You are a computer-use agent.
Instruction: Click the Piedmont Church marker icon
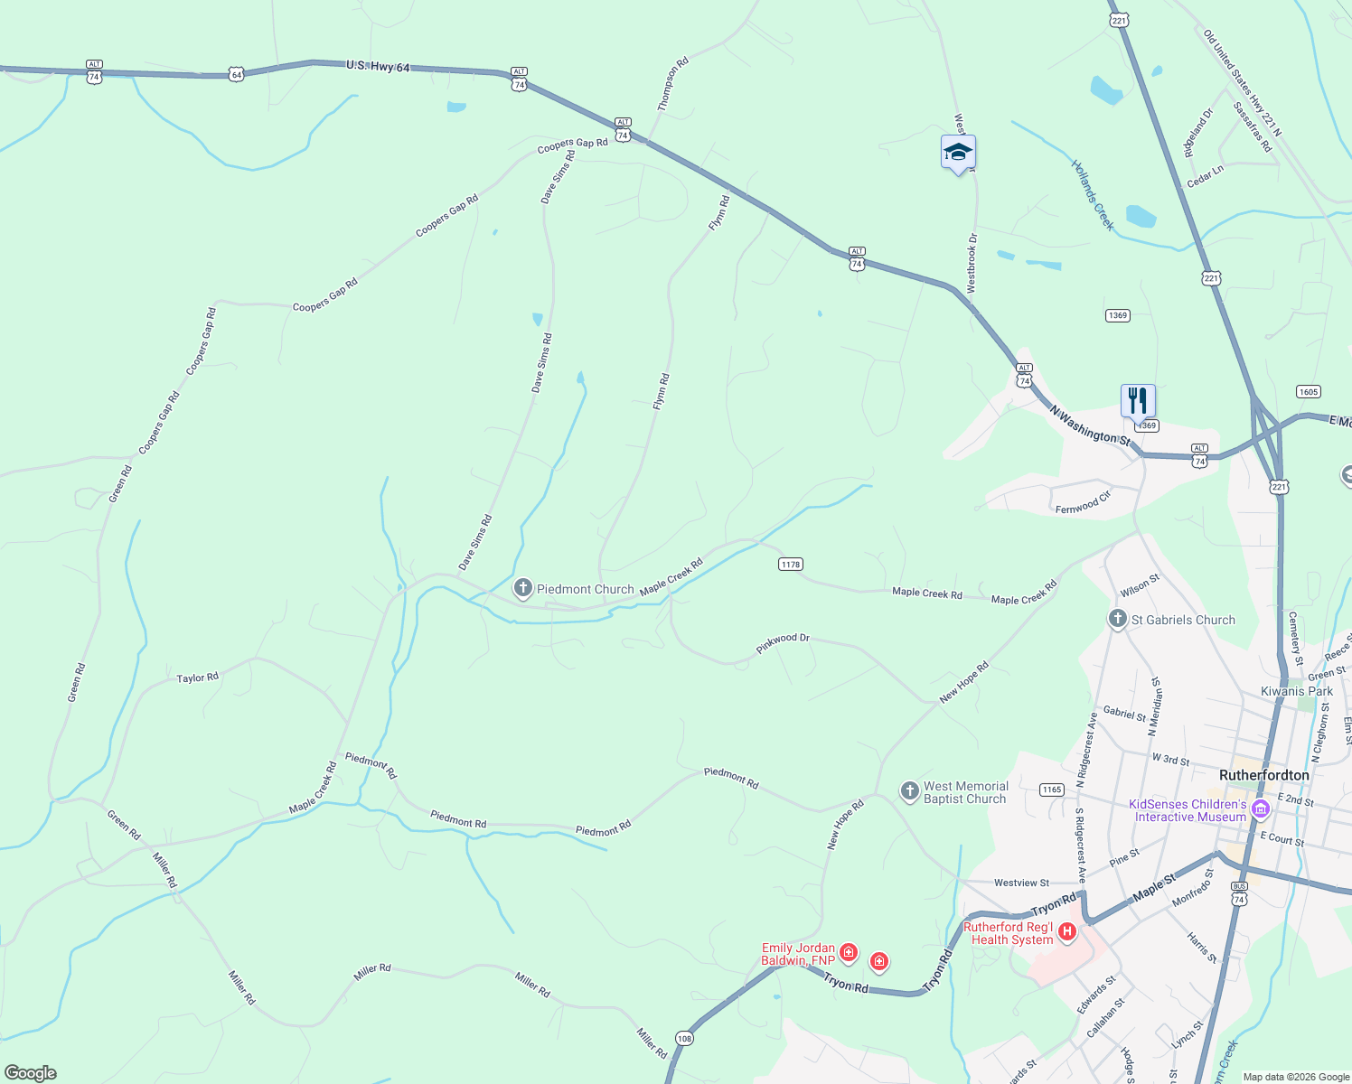522,589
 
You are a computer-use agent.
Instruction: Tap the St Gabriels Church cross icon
1118,620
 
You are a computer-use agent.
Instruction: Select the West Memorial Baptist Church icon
909,792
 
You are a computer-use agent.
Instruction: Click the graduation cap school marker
958,153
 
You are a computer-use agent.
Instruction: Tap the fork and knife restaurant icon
1138,399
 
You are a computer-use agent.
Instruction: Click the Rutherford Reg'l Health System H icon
1067,931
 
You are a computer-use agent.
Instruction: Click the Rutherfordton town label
1263,775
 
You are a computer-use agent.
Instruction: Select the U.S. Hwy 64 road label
378,66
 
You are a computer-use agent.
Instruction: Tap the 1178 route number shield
790,565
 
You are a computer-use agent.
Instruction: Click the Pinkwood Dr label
783,643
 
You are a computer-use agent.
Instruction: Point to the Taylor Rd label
197,677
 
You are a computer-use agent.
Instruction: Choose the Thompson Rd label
672,84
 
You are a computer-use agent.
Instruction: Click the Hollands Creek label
1093,195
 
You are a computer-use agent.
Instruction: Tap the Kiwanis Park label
1296,691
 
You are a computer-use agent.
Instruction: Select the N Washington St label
1090,425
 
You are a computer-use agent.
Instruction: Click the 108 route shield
684,1039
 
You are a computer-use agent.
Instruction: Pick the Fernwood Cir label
1083,503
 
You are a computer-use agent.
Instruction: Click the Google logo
31,1073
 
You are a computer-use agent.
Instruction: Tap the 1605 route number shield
1308,391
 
